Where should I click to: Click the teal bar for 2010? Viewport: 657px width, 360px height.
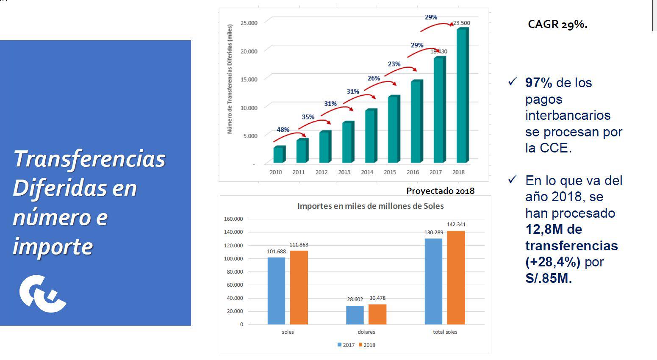point(278,155)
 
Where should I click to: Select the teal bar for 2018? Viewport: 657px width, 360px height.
point(462,95)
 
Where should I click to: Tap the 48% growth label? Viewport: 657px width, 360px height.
point(283,130)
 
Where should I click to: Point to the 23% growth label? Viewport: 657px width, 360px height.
point(394,64)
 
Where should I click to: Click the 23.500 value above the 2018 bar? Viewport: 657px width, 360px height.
point(461,23)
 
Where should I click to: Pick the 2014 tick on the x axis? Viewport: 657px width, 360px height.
point(367,172)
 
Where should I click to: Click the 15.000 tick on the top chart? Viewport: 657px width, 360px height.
point(249,79)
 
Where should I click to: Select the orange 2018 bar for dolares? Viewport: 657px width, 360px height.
point(377,314)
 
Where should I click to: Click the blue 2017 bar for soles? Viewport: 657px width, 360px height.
point(276,291)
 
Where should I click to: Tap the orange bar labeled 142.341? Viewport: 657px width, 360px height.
point(456,277)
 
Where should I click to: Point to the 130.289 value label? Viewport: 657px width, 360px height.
point(433,232)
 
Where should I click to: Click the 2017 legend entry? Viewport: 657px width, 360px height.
point(346,345)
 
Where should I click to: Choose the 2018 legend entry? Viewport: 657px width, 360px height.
point(367,345)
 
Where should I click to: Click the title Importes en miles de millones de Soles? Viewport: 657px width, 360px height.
point(370,206)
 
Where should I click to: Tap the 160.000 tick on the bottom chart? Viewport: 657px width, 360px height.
point(233,219)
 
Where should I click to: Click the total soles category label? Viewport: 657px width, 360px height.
point(445,332)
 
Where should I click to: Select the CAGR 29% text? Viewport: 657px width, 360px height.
point(557,24)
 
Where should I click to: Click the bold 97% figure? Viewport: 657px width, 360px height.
point(538,83)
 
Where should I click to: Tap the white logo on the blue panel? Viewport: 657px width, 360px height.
point(42,293)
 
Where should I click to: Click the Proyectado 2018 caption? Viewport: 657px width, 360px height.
point(440,191)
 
